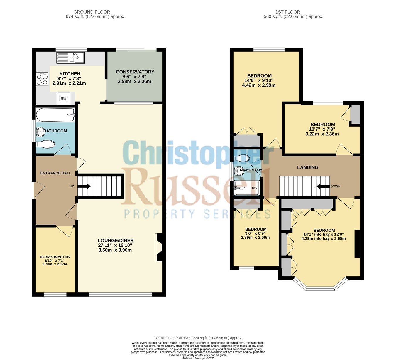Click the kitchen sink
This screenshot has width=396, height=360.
pos(71,58)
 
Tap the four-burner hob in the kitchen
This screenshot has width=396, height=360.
pos(42,79)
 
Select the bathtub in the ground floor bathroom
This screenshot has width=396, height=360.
pos(55,115)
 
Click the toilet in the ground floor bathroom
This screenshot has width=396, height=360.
pos(45,144)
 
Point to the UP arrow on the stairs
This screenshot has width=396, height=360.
pos(84,186)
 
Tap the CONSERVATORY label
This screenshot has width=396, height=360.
pos(135,72)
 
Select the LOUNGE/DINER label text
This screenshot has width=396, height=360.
pos(116,240)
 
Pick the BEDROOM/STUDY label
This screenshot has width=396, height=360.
pos(55,257)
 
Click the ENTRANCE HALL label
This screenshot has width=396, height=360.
pos(56,173)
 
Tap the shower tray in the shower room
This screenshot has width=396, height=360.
pos(247,188)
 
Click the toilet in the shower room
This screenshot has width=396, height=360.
pos(242,158)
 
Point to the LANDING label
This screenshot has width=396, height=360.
pos(307,167)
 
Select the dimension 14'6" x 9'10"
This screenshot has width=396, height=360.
pos(259,80)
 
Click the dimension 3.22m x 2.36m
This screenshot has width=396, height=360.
pos(322,134)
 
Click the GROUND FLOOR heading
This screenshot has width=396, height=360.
pos(92,12)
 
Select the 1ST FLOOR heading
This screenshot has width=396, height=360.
pos(287,12)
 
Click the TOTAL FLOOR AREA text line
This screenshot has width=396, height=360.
pos(198,338)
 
